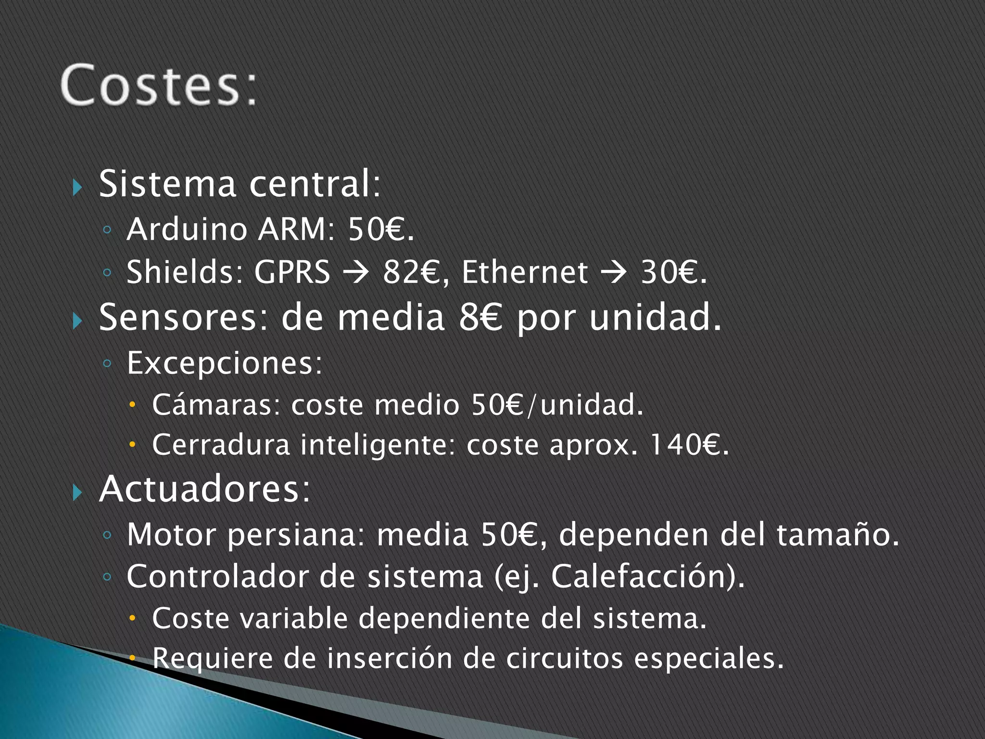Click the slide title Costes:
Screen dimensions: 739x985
click(159, 85)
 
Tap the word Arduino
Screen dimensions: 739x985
click(187, 229)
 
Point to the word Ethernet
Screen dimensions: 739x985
click(524, 272)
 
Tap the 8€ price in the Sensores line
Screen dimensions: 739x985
click(480, 318)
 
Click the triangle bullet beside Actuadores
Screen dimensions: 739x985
click(77, 492)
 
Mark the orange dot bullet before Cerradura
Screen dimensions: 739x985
click(133, 445)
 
